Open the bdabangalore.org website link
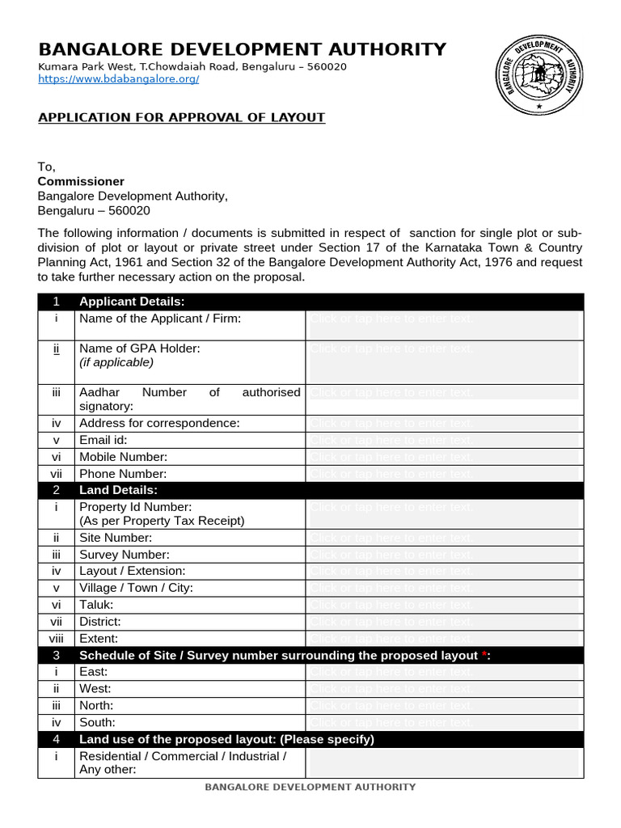(x=119, y=79)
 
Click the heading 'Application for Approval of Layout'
(x=182, y=117)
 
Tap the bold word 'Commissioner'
(x=82, y=181)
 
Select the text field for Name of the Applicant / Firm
(x=444, y=325)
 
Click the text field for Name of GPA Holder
(x=444, y=361)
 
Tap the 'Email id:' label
(x=103, y=440)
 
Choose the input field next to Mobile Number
(x=444, y=457)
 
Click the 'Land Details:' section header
(x=118, y=490)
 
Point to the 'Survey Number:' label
(x=125, y=555)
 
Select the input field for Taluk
(x=444, y=605)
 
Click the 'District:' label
(x=100, y=622)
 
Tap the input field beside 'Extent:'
(x=444, y=639)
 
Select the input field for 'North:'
(x=444, y=706)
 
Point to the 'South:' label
(x=97, y=722)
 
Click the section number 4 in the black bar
(x=56, y=739)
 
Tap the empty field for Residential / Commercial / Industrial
(x=444, y=762)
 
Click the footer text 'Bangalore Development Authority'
(x=310, y=787)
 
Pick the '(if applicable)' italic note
(x=116, y=362)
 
